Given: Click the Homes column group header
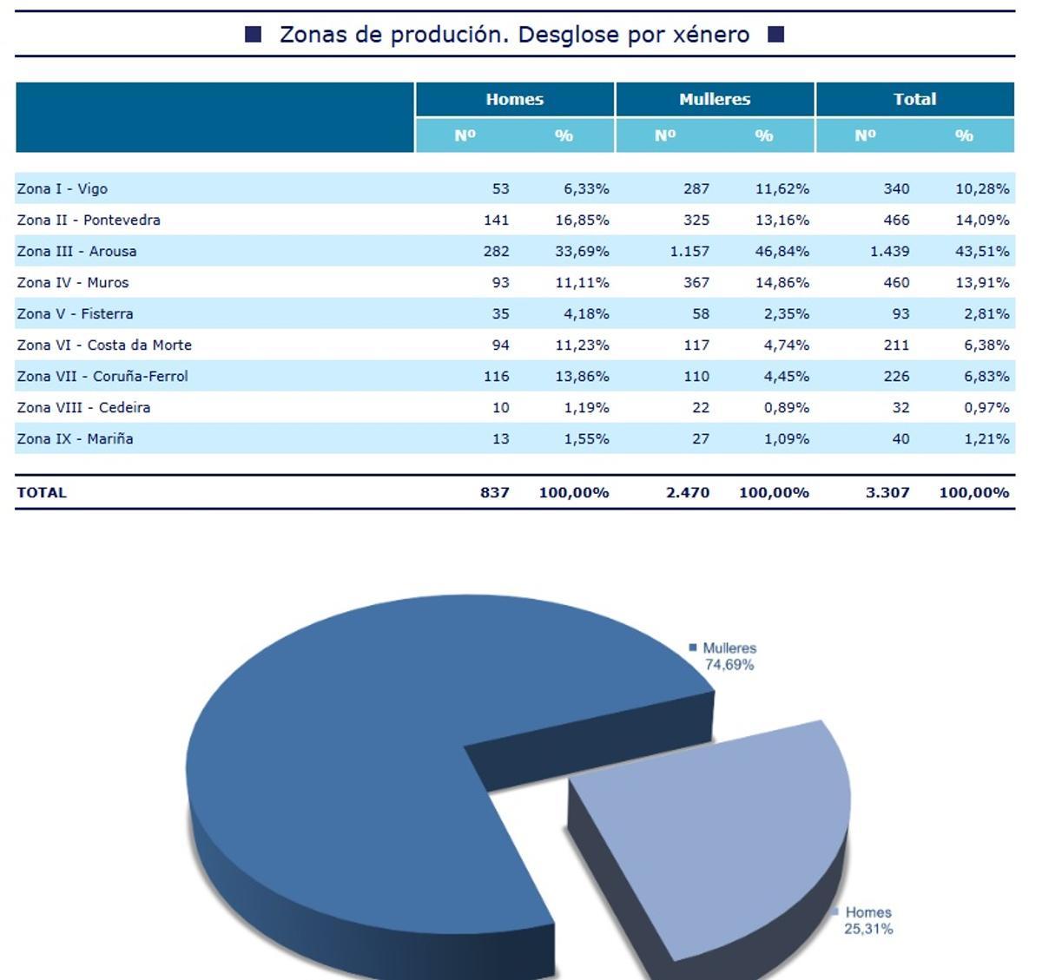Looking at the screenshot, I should coord(514,99).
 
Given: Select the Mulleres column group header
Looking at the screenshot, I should coord(715,99).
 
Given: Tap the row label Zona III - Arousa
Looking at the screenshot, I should coord(76,251).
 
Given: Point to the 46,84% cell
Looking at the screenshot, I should coord(782,251).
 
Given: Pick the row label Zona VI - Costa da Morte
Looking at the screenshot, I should coord(104,345).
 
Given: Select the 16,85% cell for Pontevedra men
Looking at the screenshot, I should coord(582,220).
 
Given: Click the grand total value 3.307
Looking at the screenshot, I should coord(887,492).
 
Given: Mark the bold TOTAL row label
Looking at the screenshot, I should coord(42,492).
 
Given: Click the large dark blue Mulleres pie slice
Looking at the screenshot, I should coord(347,764).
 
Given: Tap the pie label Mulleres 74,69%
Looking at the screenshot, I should coord(728,656).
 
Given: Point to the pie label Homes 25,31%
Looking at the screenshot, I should coord(867,920).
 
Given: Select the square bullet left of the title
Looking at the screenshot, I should coord(254,35).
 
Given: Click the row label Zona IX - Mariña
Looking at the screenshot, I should coord(75,438).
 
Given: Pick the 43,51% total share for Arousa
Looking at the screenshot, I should coord(982,251).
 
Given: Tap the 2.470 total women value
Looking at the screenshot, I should coord(688,492).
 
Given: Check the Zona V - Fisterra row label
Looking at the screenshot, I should coord(75,313).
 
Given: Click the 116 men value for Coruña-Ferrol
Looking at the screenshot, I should coord(496,376).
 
